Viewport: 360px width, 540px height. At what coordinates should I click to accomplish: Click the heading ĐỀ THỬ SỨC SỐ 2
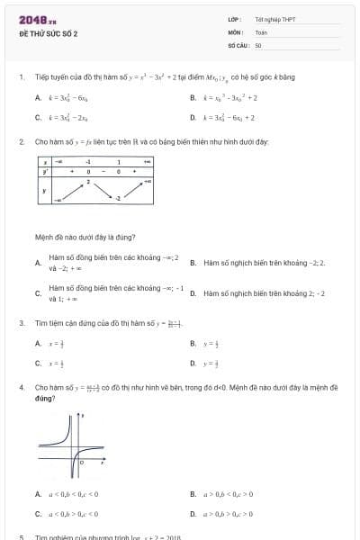49,33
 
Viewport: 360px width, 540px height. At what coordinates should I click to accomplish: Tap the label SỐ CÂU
237,44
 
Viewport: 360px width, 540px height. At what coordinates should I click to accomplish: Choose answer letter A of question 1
37,97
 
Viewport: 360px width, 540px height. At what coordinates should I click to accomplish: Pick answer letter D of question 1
193,117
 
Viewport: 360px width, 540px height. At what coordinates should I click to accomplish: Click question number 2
21,141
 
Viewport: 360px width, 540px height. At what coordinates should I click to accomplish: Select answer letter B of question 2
193,263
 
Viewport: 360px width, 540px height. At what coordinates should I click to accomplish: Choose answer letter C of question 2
37,293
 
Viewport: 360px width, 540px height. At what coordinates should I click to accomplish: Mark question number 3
21,322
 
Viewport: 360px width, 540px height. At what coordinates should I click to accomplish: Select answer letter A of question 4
37,493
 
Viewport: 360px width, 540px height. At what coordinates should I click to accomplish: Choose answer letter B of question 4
193,493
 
